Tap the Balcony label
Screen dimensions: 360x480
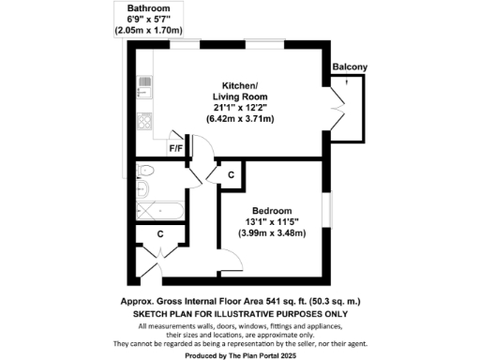[x=349, y=67]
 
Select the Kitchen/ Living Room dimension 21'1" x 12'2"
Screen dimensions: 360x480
[x=234, y=108]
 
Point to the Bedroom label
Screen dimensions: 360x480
[x=272, y=210]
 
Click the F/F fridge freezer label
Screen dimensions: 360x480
[x=175, y=147]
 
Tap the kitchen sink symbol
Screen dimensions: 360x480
[x=144, y=88]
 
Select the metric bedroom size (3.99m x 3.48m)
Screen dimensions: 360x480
[x=272, y=233]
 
